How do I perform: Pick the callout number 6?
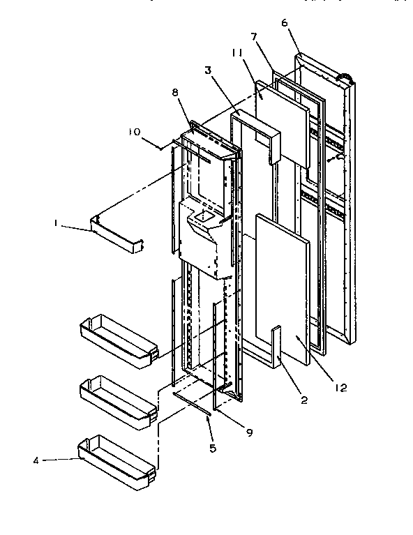tap(284, 22)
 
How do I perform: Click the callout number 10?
tap(135, 131)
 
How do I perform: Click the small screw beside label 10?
tap(162, 147)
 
